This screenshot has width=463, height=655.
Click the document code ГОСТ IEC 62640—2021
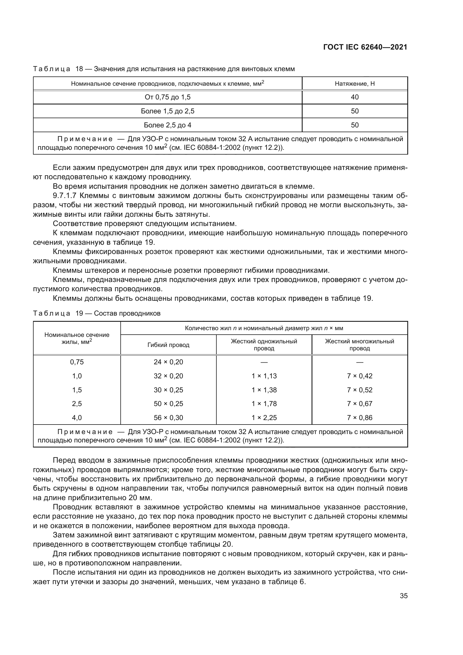(365, 47)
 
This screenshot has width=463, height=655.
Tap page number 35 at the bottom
(403, 596)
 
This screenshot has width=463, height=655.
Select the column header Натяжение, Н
(354, 83)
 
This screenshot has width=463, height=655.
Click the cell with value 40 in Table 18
(354, 97)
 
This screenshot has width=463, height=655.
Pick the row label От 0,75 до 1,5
(167, 97)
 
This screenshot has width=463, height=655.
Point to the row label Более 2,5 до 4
(167, 125)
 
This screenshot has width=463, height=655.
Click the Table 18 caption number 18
(79, 69)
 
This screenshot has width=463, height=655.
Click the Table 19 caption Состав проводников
(127, 313)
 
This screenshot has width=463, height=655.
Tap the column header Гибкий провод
(168, 345)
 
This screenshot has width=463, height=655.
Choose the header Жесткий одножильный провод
(264, 345)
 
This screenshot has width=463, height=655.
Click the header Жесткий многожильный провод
(359, 345)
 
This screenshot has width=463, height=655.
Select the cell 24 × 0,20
(168, 362)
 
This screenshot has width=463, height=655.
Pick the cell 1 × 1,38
(264, 390)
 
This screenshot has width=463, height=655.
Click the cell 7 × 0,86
(359, 418)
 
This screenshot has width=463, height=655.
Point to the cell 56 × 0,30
(168, 418)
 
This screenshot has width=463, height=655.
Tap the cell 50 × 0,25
(168, 404)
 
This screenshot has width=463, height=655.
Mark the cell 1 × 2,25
(264, 418)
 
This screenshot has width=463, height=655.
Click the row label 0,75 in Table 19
(77, 362)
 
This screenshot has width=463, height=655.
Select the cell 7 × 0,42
(359, 376)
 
